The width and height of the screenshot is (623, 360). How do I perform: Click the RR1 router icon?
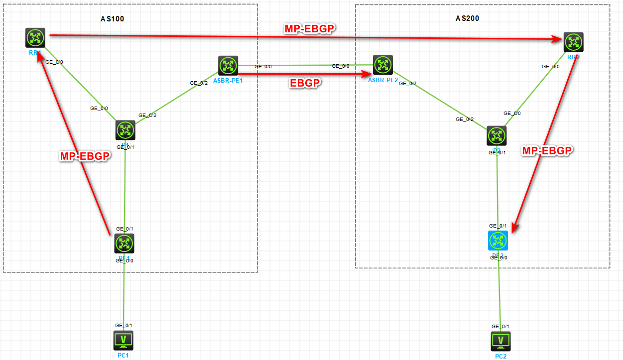coord(35,38)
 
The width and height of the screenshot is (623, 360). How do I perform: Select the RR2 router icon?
coord(573,42)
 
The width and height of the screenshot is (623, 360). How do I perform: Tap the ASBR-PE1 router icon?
coord(228,66)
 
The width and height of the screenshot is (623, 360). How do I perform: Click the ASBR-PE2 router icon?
coord(382,65)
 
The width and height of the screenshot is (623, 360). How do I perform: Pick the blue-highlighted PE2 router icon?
coord(498,241)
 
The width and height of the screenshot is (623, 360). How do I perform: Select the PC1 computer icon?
coord(123,341)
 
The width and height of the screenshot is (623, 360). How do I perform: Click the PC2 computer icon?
coord(500,342)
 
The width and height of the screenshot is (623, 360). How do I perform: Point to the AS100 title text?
coord(112,19)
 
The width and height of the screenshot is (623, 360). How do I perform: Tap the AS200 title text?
coord(468,18)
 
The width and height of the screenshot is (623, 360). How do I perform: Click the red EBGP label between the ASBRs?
coord(304,83)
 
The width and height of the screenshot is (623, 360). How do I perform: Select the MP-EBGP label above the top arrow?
coord(310,29)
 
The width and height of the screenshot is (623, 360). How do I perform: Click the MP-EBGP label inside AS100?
coord(85,156)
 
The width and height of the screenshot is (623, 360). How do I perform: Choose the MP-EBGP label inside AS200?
coord(546,151)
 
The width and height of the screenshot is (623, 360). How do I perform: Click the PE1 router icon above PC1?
coord(124,243)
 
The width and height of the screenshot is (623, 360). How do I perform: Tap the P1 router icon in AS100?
coord(125,130)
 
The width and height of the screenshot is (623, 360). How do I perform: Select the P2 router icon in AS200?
coord(497,135)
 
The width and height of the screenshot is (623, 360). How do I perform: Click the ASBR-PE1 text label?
coord(228,81)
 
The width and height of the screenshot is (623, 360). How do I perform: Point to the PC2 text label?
coord(500,356)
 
